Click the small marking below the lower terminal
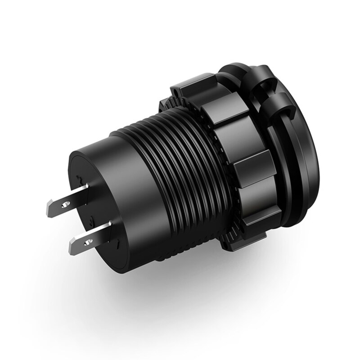pos(118,245)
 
